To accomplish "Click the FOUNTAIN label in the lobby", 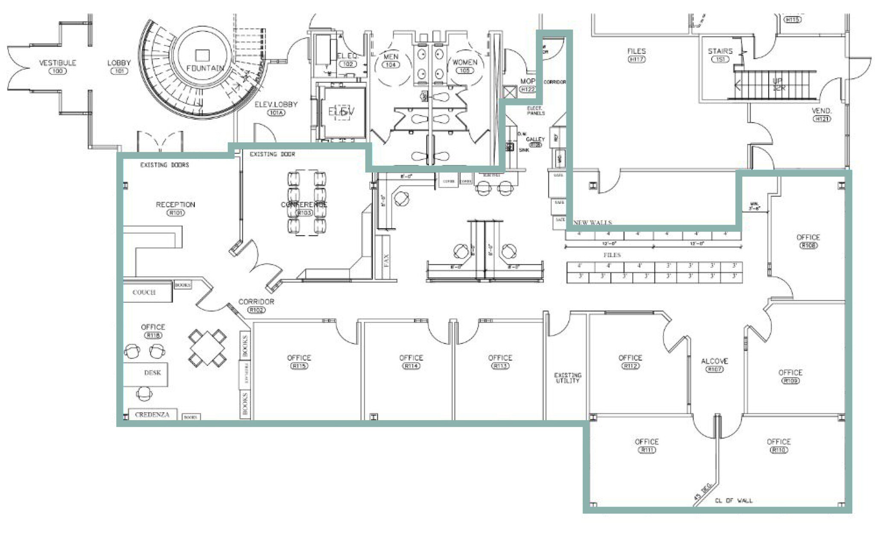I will coord(205,68).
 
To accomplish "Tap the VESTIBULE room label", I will coord(57,63).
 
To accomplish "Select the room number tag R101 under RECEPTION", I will coord(175,213).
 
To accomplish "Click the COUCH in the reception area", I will coord(144,292).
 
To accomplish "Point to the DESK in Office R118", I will coord(152,373).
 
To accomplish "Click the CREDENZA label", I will coord(152,414).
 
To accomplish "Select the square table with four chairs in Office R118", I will coord(208,348).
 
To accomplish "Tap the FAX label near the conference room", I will coord(386,261).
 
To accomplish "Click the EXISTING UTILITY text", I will coord(567,378).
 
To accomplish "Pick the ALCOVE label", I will coord(714,361).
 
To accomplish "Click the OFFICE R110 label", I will coord(778,442).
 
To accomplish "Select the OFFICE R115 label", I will coord(299,358).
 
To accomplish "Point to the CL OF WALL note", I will coord(734,501).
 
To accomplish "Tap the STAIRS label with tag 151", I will coord(720,51).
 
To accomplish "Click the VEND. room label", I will coord(821,111).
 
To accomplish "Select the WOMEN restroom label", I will coord(464,62).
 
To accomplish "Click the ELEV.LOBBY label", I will coord(276,105).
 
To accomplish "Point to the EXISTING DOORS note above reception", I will coord(164,165).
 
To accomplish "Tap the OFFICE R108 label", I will coord(808,237).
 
